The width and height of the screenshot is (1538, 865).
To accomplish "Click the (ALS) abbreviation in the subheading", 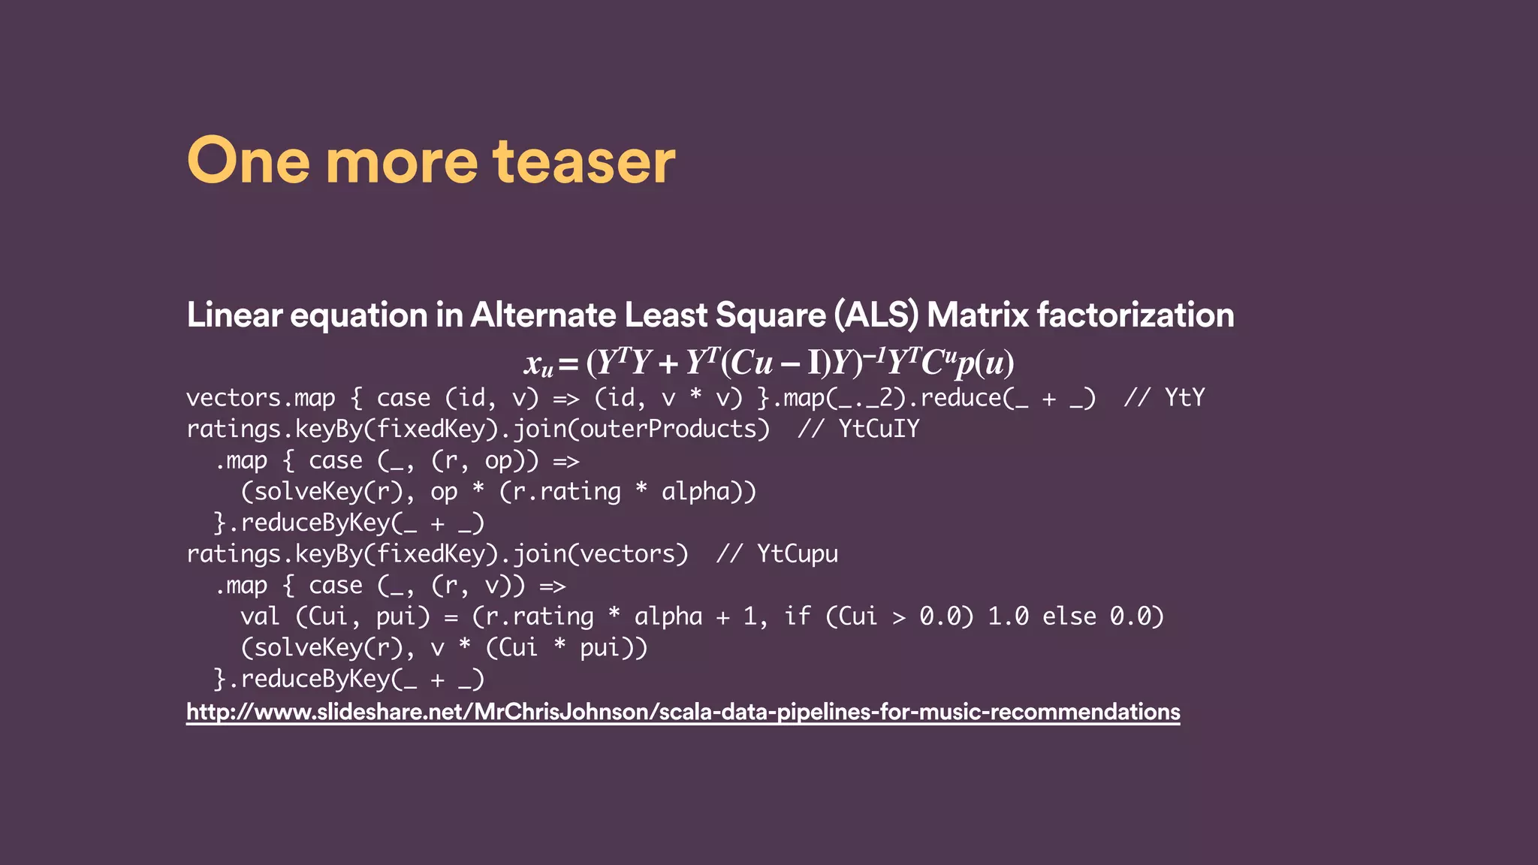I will pos(876,315).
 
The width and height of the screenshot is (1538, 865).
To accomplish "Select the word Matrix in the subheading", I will pos(978,315).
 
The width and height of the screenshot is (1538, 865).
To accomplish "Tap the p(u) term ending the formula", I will pos(985,363).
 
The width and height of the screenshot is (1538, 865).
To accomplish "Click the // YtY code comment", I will pos(1164,397).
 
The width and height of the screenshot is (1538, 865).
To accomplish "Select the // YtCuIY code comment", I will pos(858,429).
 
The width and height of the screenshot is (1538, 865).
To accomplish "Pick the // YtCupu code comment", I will pos(777,553).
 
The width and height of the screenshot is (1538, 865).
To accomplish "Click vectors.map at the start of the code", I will pos(261,397).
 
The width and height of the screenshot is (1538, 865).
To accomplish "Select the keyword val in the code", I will pos(260,616).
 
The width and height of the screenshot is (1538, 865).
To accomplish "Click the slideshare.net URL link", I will pos(683,711).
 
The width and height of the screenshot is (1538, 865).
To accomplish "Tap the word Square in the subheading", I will pos(771,315).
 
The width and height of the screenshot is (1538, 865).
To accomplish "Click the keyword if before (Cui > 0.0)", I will pos(798,616).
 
